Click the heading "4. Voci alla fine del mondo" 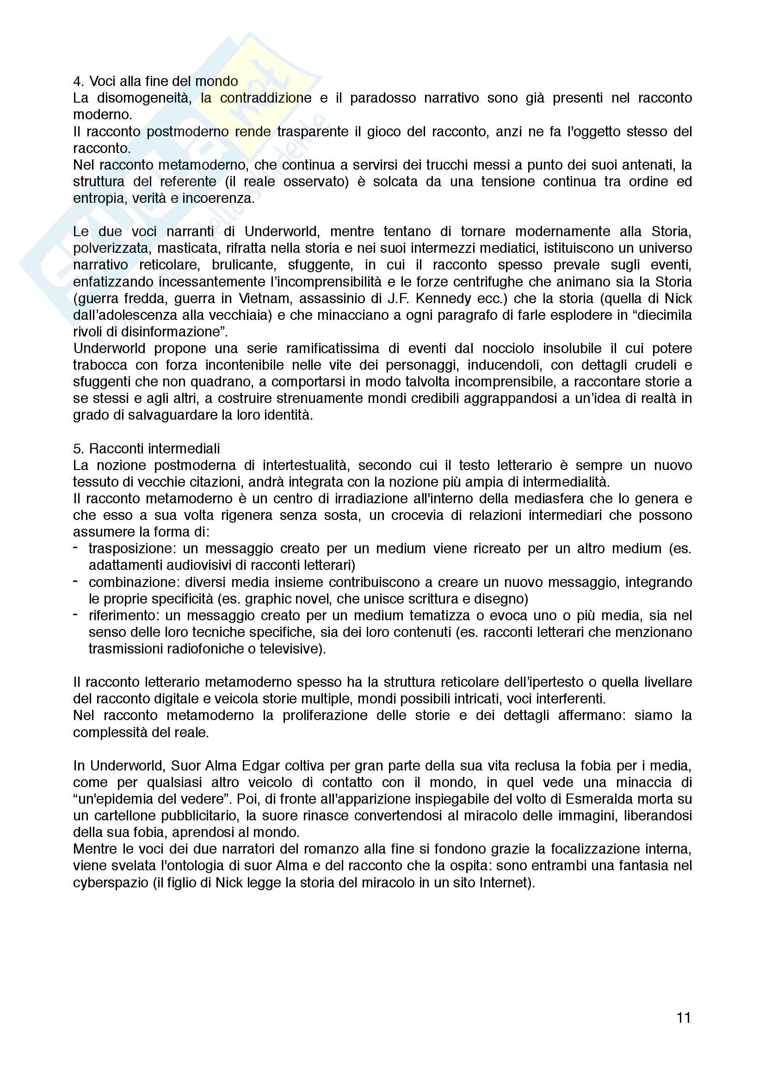(x=155, y=81)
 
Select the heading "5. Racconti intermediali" (x=147, y=449)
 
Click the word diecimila (x=664, y=315)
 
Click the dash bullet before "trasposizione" (x=76, y=548)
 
